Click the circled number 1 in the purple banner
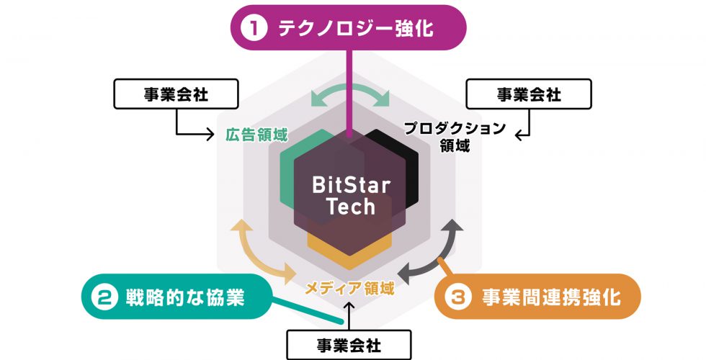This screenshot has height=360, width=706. point(254,28)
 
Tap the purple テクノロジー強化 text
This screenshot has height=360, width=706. point(356,28)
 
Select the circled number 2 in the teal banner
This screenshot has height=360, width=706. point(104,297)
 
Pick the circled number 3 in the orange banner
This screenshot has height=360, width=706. point(458,297)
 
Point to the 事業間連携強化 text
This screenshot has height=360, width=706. point(551,297)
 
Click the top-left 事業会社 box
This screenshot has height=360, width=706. point(176,94)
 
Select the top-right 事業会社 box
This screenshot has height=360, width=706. point(529,94)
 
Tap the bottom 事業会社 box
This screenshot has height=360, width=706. point(349,345)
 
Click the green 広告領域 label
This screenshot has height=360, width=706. point(256,135)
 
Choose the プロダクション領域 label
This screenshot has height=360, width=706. point(455,137)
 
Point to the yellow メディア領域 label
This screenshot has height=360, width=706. point(349,287)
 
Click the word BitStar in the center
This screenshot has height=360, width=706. point(352,185)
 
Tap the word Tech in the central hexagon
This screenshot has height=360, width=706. point(350,207)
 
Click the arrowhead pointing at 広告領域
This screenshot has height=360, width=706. point(210,134)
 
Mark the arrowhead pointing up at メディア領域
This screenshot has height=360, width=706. point(349,305)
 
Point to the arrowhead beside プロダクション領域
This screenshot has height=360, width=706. point(519,135)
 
